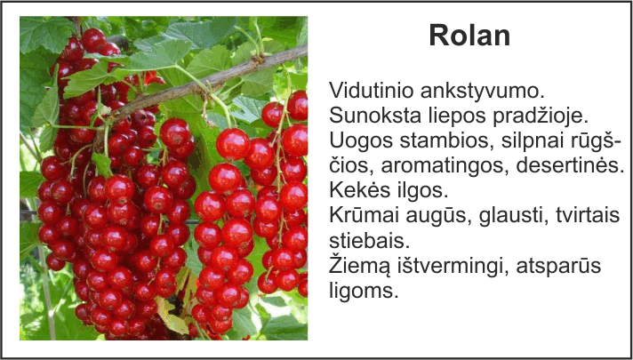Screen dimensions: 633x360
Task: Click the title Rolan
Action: coord(469,36)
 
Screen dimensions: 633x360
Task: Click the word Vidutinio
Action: coord(372,91)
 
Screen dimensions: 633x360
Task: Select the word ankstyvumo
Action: coord(483,92)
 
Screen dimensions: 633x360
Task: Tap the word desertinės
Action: coord(570,166)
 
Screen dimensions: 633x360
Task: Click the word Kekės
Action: coord(356,191)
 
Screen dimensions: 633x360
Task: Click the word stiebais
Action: coord(369,241)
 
